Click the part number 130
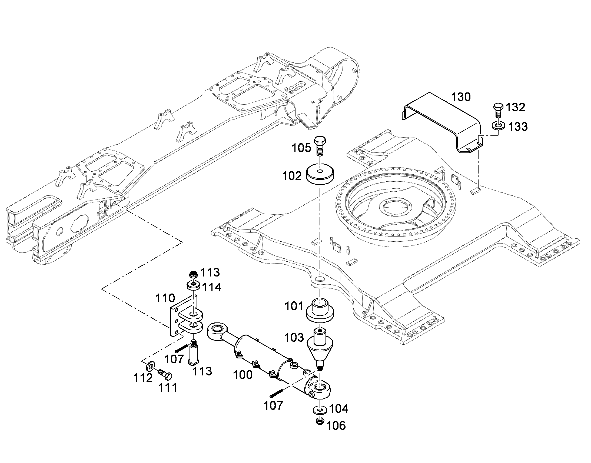461,97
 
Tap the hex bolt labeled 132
498,110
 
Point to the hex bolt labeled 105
320,146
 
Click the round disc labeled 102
320,174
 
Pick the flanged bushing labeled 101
320,310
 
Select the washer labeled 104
320,409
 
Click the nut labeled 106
320,421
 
